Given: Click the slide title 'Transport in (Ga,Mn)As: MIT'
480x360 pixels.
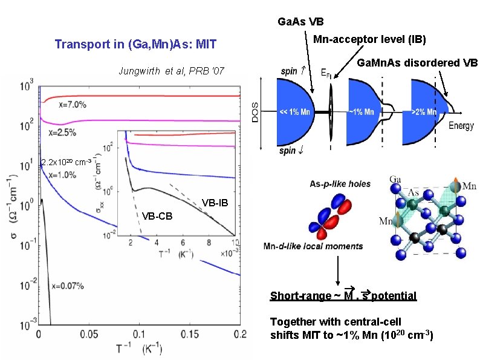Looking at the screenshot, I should pyautogui.click(x=135, y=44).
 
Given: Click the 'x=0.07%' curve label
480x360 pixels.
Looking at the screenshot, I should pyautogui.click(x=67, y=286).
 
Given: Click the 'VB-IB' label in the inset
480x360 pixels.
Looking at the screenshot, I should pyautogui.click(x=215, y=201).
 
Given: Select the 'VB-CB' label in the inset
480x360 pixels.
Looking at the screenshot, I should pyautogui.click(x=157, y=216).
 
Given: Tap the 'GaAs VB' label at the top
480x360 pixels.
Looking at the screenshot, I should pyautogui.click(x=300, y=22).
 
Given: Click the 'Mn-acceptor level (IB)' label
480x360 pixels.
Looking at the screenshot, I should pyautogui.click(x=369, y=40).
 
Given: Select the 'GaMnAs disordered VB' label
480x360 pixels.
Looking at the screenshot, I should pyautogui.click(x=418, y=63).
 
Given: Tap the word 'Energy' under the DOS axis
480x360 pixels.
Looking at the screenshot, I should pyautogui.click(x=461, y=126).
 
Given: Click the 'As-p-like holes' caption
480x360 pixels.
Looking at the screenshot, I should pyautogui.click(x=340, y=183).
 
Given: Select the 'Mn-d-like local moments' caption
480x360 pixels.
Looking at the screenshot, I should pyautogui.click(x=313, y=246).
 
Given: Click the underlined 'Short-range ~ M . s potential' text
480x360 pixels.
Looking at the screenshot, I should pyautogui.click(x=343, y=296).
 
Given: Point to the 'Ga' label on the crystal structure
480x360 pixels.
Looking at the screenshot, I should pyautogui.click(x=395, y=179).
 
